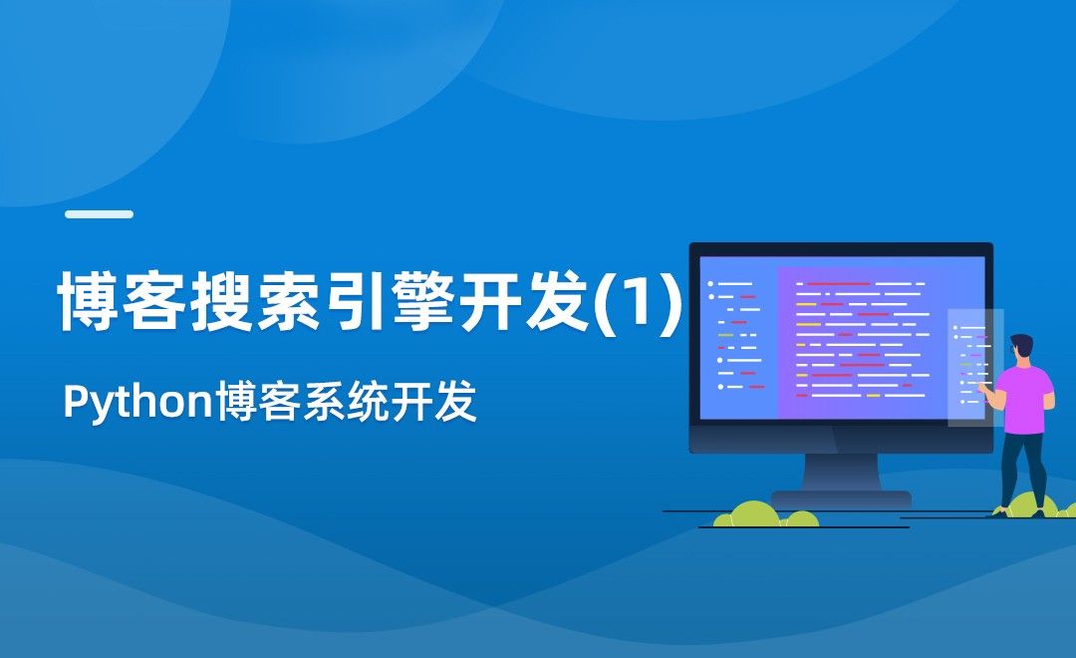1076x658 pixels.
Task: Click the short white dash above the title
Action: (x=99, y=214)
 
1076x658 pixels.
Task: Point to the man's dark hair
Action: (x=1022, y=343)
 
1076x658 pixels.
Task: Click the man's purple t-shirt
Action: (x=1025, y=399)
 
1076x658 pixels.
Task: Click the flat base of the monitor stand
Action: (x=841, y=498)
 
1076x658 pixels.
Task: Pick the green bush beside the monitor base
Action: (x=752, y=514)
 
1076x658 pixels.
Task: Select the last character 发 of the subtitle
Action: (x=455, y=405)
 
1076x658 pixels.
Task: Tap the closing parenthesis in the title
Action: (x=671, y=299)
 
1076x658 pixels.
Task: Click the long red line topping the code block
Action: (x=837, y=284)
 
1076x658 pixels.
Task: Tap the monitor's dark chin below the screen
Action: (x=841, y=440)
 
